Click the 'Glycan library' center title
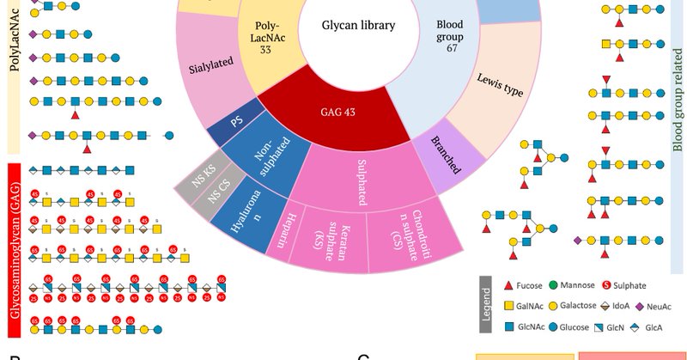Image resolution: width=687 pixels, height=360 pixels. (x=358, y=26)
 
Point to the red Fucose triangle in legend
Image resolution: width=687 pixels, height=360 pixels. (x=508, y=285)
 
